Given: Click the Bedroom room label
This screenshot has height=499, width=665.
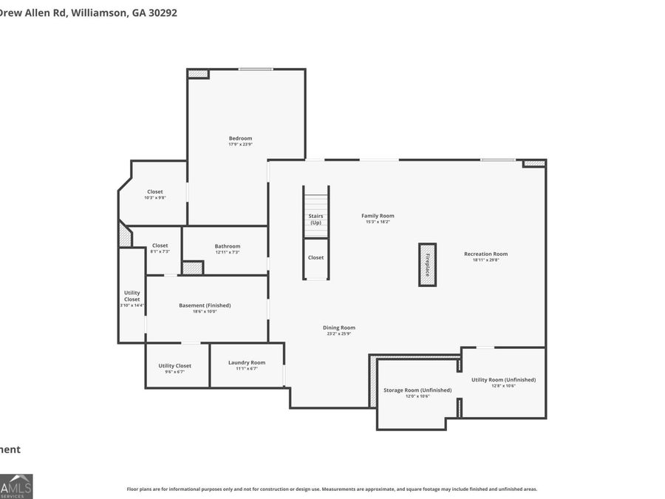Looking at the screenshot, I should tap(240, 138).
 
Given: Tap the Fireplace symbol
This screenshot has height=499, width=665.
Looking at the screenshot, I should tap(427, 264).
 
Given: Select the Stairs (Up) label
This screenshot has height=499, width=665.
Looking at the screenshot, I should tap(316, 219).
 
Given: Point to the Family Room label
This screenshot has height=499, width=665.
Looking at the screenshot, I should tap(378, 216).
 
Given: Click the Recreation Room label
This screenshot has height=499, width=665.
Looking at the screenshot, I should tap(485, 254).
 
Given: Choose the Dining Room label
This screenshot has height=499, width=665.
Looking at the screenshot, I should tap(338, 327).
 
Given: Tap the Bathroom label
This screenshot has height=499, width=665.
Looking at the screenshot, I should tap(227, 246).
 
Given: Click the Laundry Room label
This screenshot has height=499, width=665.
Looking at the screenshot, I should tap(246, 362).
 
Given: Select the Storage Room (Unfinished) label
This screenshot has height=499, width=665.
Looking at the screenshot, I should tap(417, 390).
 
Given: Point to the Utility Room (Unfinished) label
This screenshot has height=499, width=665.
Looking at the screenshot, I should tap(503, 379).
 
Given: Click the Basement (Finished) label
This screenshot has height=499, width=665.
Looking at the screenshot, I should tap(205, 305).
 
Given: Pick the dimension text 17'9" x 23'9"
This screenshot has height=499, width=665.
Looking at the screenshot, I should tap(240, 144).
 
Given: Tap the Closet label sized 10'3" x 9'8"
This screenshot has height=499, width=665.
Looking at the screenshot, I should tap(154, 191).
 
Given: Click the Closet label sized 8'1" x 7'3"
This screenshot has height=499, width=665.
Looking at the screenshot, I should tap(160, 245).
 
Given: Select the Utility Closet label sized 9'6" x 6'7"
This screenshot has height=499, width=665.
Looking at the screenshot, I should tap(174, 365).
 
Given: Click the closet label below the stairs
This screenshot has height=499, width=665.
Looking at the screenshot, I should tap(316, 257).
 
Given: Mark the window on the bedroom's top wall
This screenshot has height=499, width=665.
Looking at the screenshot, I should tap(255, 69).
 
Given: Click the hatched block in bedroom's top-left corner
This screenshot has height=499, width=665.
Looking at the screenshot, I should tap(197, 74).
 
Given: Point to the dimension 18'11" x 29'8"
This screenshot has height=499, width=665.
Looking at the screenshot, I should tap(485, 259).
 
